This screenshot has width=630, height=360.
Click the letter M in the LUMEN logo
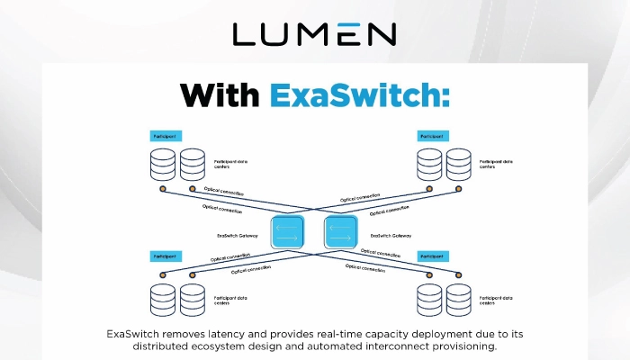click(x=314, y=34)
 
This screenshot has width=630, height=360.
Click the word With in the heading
click(x=219, y=94)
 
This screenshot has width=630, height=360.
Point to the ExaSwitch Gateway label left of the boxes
click(x=238, y=236)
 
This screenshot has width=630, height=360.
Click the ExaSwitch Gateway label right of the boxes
click(x=391, y=236)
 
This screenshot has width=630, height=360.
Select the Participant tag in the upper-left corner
click(x=166, y=136)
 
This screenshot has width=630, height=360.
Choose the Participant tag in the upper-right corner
click(x=433, y=136)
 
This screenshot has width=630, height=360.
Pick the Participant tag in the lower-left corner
click(x=166, y=256)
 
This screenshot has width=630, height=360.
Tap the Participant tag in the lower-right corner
click(x=433, y=256)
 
